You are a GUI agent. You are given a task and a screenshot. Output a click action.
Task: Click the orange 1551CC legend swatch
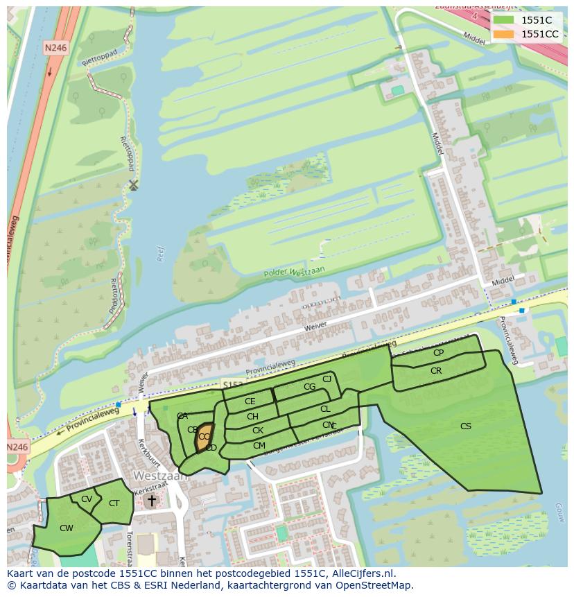pyautogui.click(x=504, y=34)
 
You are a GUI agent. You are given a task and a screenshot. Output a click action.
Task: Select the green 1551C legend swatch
pyautogui.click(x=504, y=20)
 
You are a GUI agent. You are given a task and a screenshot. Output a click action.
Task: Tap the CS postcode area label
pyautogui.click(x=466, y=426)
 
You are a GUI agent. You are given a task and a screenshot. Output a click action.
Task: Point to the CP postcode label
pyautogui.click(x=438, y=353)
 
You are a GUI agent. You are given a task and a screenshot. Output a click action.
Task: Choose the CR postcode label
pyautogui.click(x=436, y=371)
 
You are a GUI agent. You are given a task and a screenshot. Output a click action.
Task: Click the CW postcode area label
pyautogui.click(x=67, y=528)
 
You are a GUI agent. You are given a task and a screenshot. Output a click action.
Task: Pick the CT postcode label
pyautogui.click(x=114, y=503)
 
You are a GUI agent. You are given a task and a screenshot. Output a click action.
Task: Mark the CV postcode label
pyautogui.click(x=87, y=499)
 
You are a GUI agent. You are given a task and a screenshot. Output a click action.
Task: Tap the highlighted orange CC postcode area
pyautogui.click(x=203, y=438)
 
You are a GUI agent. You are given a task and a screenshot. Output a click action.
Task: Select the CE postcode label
pyautogui.click(x=250, y=401)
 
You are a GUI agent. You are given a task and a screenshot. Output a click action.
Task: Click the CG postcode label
pyautogui.click(x=309, y=387)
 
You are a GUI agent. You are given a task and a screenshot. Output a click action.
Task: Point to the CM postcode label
pyautogui.click(x=259, y=446)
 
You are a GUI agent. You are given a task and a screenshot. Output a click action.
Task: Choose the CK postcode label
pyautogui.click(x=257, y=431)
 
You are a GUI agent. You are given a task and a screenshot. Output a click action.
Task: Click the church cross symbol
pyautogui.click(x=152, y=499)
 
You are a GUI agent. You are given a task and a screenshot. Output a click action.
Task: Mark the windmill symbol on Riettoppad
pyautogui.click(x=134, y=184)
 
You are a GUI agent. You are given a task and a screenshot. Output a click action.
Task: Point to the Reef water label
pyautogui.click(x=161, y=254)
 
